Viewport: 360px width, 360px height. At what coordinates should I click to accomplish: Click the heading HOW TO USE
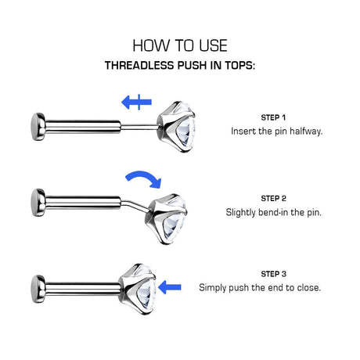tap(180, 45)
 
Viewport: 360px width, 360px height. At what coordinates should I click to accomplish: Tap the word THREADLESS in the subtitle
tap(140, 66)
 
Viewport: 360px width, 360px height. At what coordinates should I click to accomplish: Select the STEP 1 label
tap(273, 117)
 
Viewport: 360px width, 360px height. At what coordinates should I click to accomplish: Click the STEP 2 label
tap(273, 199)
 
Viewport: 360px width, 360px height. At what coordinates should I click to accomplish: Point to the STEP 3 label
tap(273, 274)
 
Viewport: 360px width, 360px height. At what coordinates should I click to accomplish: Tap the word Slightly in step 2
tap(240, 212)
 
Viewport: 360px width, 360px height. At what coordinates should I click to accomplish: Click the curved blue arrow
tap(144, 178)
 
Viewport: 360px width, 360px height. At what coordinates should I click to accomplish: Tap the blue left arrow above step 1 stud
tap(136, 102)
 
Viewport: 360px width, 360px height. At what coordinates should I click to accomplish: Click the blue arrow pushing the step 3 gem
tap(170, 287)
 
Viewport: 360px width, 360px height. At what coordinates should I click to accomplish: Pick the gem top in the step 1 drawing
tap(176, 127)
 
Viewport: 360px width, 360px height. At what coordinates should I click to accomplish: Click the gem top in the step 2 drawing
tap(167, 218)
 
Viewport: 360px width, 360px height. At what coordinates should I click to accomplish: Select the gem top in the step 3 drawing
tap(138, 289)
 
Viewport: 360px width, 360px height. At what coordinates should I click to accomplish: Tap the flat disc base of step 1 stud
tap(38, 127)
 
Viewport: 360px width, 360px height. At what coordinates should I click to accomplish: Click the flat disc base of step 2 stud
tap(38, 203)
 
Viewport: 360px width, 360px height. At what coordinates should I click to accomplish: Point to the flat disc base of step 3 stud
tap(38, 289)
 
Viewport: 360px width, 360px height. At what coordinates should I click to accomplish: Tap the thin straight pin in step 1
tap(139, 128)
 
